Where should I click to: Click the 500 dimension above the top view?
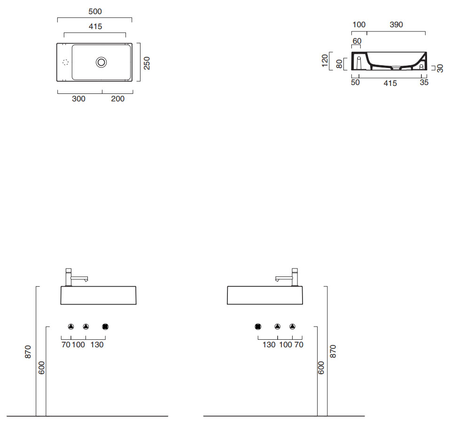[95, 11]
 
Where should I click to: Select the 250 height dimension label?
[147, 63]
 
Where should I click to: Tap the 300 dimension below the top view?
[79, 99]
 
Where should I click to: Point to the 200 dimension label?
[117, 99]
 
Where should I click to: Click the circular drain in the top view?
[101, 62]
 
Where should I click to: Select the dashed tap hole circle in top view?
[66, 62]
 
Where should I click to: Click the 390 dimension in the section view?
[397, 24]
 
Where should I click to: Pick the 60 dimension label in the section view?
[357, 41]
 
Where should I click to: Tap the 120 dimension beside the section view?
[325, 61]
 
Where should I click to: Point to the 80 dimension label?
[339, 64]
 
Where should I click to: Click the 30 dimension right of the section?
[440, 69]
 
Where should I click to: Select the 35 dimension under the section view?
[424, 83]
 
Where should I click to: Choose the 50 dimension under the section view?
[355, 83]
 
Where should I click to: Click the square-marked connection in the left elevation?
[105, 327]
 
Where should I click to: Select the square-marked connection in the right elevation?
[258, 327]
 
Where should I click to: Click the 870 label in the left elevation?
[28, 352]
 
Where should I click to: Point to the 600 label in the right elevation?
[321, 368]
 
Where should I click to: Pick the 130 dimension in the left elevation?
[97, 344]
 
